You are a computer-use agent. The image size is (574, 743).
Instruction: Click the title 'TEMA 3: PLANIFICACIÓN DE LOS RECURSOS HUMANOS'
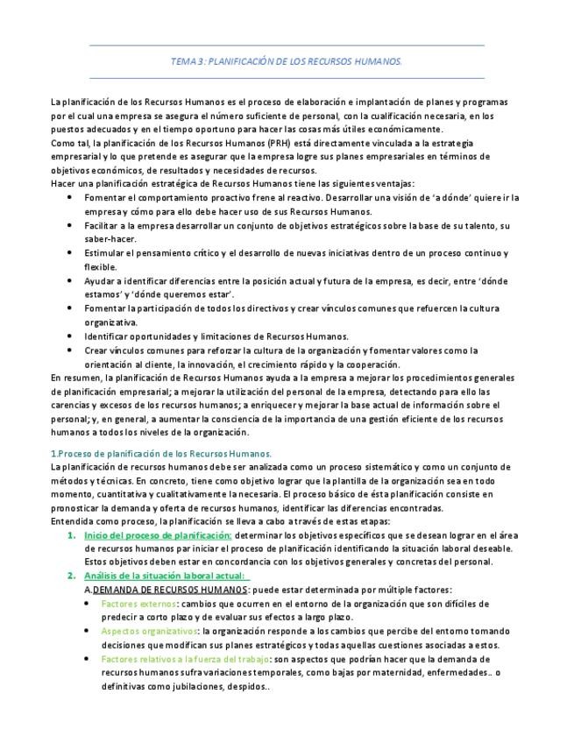[287, 61]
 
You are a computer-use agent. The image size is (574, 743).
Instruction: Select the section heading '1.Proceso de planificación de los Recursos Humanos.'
[161, 453]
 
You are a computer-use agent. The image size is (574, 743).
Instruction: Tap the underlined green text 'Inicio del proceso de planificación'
[157, 535]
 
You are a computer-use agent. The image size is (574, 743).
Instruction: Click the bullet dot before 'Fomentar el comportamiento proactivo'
[70, 198]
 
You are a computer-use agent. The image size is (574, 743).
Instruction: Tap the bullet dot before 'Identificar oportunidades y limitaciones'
[70, 336]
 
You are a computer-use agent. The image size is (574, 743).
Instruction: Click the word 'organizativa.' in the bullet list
[110, 322]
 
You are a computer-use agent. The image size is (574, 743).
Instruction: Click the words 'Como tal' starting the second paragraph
[69, 143]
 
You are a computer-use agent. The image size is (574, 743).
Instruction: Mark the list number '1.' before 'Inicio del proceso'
[72, 535]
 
